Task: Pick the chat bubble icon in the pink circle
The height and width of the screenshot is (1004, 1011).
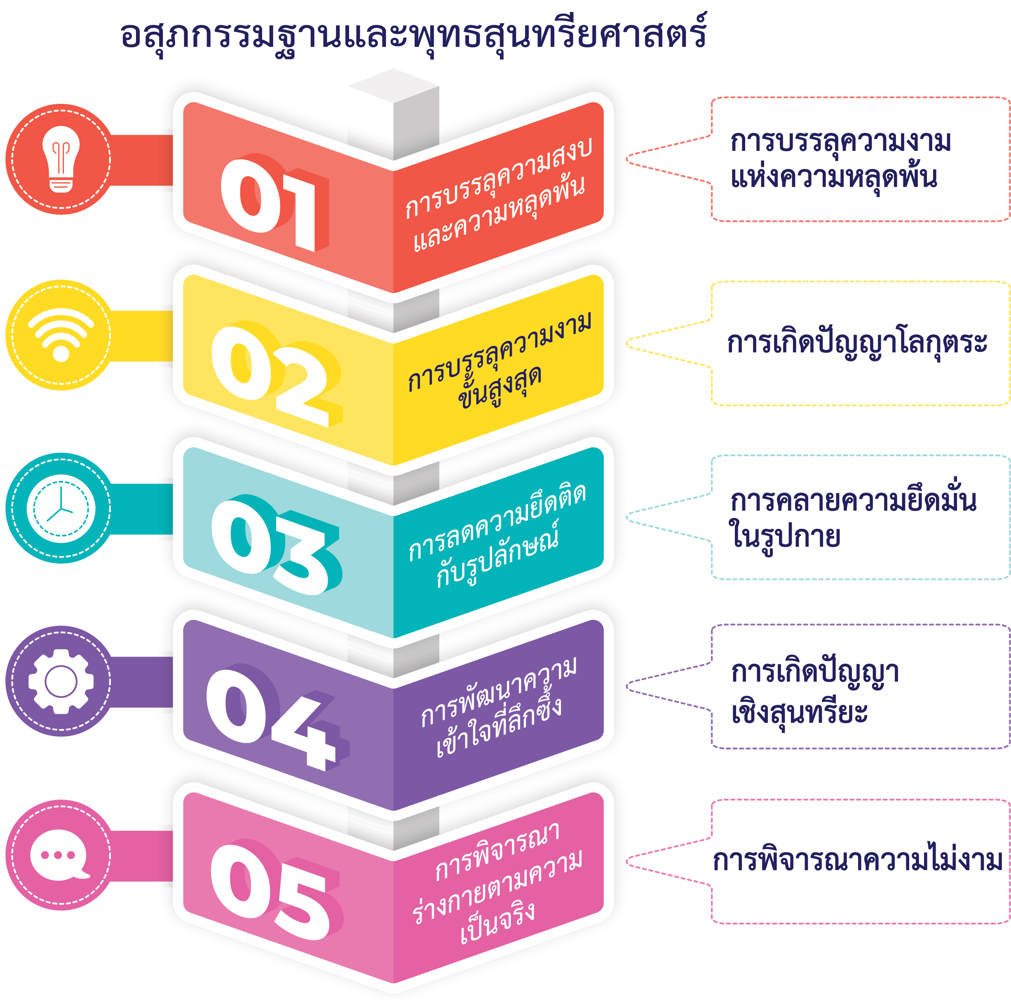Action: point(59,855)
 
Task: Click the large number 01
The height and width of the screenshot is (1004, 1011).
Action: point(272,204)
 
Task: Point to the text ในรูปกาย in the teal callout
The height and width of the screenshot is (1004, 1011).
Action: point(785,536)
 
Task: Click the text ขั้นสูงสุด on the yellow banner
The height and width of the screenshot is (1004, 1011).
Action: point(500,386)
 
